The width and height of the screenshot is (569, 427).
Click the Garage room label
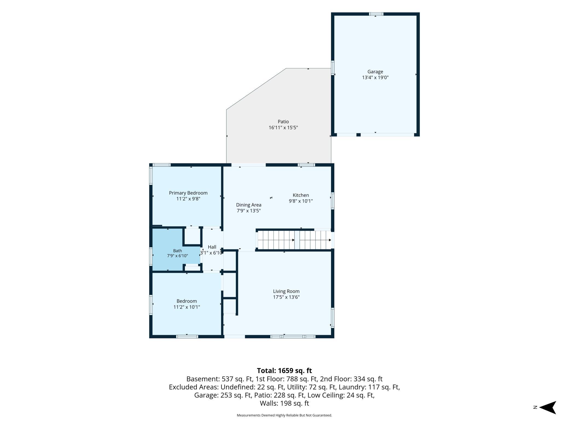(x=375, y=72)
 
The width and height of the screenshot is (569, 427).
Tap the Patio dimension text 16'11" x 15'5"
(x=283, y=128)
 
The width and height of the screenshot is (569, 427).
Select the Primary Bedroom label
(x=188, y=193)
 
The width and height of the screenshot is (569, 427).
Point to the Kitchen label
(x=301, y=195)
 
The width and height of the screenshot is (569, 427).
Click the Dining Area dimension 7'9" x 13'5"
(x=249, y=211)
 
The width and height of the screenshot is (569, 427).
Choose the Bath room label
(x=178, y=251)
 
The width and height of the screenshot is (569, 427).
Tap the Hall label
(x=212, y=247)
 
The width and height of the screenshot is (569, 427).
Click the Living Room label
(x=286, y=291)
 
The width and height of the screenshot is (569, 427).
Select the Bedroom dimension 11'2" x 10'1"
(x=187, y=307)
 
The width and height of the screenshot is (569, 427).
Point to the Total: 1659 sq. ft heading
(x=284, y=371)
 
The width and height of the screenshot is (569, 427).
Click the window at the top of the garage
(x=376, y=14)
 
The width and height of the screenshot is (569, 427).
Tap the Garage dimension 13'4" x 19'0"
(x=375, y=77)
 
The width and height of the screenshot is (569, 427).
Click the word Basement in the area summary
(x=203, y=379)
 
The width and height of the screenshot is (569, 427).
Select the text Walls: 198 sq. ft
(x=284, y=403)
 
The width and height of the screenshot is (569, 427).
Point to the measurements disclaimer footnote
(x=284, y=415)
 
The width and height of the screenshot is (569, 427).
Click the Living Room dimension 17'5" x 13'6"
(x=286, y=297)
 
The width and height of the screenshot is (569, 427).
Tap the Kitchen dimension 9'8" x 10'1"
(x=301, y=201)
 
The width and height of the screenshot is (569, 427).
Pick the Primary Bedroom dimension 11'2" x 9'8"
(x=188, y=199)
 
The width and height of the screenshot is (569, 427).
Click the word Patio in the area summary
(x=262, y=395)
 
